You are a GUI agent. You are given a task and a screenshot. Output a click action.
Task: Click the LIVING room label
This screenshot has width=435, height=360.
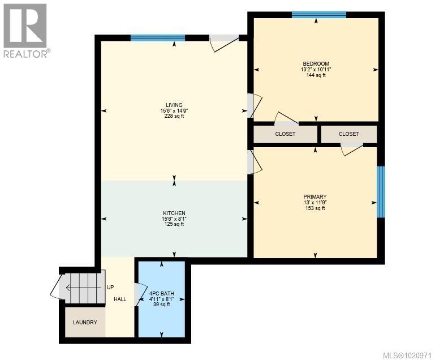(x=174, y=105)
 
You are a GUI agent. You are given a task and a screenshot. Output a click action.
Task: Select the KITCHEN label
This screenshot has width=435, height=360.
(x=174, y=213)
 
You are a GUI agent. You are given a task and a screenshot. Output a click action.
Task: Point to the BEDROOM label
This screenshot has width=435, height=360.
(x=316, y=63)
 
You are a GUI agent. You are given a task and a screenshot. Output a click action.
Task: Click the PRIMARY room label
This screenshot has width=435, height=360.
(x=315, y=196)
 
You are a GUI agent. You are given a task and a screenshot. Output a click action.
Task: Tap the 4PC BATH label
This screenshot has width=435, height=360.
(x=161, y=293)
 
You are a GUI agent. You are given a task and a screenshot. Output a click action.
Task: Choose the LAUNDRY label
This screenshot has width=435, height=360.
(x=85, y=323)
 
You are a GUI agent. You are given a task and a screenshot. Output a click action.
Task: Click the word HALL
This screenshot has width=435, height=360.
(x=120, y=299)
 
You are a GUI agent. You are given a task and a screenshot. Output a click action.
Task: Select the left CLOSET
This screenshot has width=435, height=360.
(x=285, y=134)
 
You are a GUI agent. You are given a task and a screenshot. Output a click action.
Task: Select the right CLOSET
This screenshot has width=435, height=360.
(x=348, y=134)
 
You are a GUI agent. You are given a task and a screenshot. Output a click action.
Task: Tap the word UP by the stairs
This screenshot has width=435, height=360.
(x=111, y=287)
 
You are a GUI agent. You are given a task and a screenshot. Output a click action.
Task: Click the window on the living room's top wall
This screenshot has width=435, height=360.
(x=158, y=38)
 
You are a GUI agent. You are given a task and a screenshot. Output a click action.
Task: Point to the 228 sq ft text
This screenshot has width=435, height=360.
(x=174, y=117)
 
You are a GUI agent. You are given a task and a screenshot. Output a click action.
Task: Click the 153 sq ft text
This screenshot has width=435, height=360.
(x=315, y=208)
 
